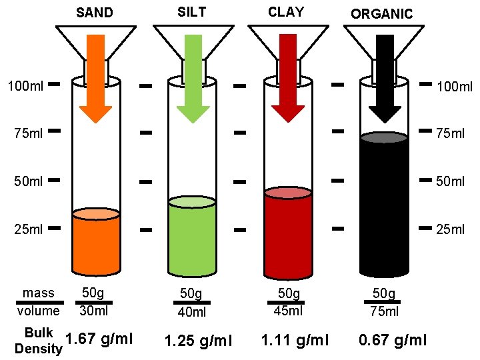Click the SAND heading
[95, 13]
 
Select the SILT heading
[192, 12]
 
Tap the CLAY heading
[286, 12]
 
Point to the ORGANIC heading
[382, 13]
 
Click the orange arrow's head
[96, 113]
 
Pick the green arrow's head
[193, 113]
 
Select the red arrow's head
[288, 113]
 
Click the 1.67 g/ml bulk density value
[99, 339]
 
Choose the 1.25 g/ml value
[199, 341]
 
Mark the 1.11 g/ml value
[295, 341]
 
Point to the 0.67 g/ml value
[393, 341]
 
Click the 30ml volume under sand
[94, 311]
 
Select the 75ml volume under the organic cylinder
[384, 311]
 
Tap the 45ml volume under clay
[289, 310]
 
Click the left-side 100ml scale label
[25, 85]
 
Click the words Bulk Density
[38, 341]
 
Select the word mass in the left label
[38, 293]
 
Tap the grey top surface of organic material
[384, 138]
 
